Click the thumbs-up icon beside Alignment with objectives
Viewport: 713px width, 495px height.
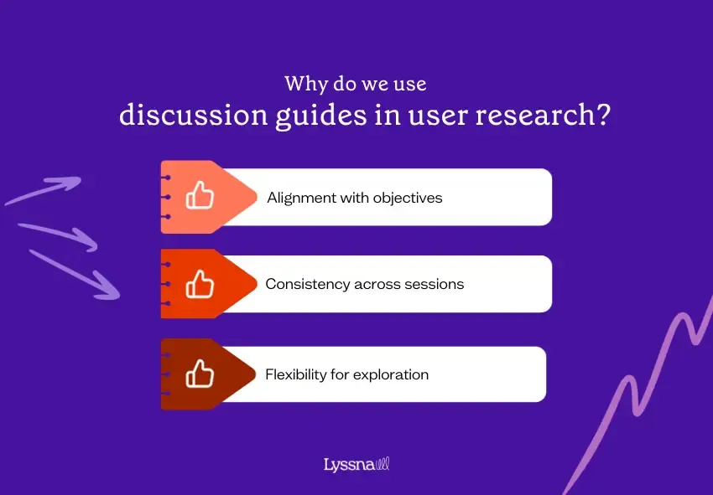pyautogui.click(x=200, y=196)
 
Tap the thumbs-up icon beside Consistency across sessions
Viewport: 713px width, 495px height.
pyautogui.click(x=200, y=284)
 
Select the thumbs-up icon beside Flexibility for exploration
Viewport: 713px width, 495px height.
pyautogui.click(x=200, y=374)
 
